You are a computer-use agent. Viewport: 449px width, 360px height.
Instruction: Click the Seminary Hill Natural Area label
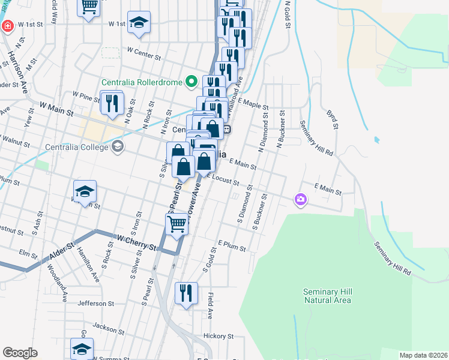(x=327, y=295)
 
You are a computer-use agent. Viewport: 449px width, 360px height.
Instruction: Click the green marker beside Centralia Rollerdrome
(x=191, y=80)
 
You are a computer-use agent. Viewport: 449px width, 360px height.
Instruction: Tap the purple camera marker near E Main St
(x=301, y=200)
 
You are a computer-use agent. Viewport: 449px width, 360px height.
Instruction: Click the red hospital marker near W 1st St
(x=7, y=26)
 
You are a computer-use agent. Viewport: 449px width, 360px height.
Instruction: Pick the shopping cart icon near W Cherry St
(x=176, y=224)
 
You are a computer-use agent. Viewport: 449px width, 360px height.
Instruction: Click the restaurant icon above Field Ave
(x=186, y=293)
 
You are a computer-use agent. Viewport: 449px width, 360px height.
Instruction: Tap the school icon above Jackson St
(x=82, y=349)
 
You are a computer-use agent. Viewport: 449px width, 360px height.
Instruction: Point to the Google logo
(x=20, y=353)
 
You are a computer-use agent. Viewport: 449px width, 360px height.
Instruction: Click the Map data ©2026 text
(x=423, y=355)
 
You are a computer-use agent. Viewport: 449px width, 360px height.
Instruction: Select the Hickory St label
(x=218, y=337)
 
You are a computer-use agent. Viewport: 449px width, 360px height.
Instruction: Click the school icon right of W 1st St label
(x=139, y=23)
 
